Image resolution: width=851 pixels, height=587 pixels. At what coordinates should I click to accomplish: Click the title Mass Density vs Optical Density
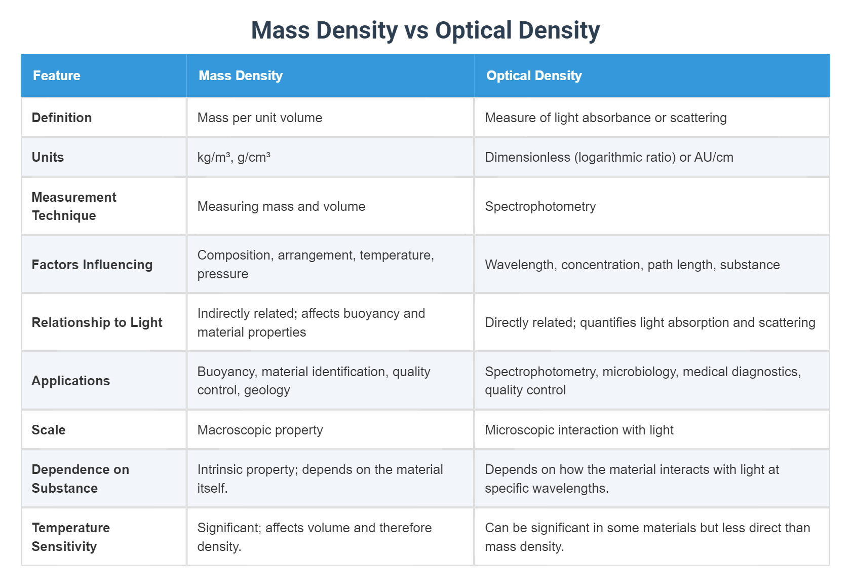pyautogui.click(x=425, y=30)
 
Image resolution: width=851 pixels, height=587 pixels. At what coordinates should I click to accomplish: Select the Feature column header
pyautogui.click(x=57, y=76)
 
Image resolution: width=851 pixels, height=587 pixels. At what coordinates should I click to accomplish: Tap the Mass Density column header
pyautogui.click(x=241, y=76)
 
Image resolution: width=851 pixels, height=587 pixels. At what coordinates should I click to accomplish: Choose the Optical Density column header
pyautogui.click(x=534, y=76)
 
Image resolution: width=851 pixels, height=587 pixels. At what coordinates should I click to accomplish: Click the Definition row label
pyautogui.click(x=62, y=118)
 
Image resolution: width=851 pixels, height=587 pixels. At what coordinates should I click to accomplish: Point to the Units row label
pyautogui.click(x=48, y=157)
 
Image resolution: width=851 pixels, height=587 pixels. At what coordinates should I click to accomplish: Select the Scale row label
pyautogui.click(x=49, y=430)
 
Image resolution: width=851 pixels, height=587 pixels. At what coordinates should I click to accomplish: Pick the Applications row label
pyautogui.click(x=71, y=381)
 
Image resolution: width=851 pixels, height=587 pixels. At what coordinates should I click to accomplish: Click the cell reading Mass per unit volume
pyautogui.click(x=260, y=118)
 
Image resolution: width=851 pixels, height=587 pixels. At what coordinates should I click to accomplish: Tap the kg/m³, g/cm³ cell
pyautogui.click(x=234, y=157)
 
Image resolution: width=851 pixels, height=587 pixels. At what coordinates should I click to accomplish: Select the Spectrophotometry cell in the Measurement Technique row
pyautogui.click(x=540, y=206)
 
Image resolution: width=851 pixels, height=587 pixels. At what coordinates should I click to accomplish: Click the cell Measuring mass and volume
pyautogui.click(x=281, y=206)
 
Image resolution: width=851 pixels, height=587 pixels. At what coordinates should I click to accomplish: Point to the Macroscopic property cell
pyautogui.click(x=260, y=430)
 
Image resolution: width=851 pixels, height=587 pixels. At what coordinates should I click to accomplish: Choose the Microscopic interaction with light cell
pyautogui.click(x=579, y=430)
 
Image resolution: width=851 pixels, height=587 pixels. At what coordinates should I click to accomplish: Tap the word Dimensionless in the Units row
pyautogui.click(x=527, y=157)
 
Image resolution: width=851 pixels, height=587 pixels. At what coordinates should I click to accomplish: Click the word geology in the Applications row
pyautogui.click(x=267, y=390)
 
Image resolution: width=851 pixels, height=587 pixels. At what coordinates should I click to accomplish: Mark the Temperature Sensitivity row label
pyautogui.click(x=71, y=537)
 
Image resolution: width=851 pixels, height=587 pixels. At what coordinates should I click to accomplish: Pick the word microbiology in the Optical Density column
pyautogui.click(x=640, y=372)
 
